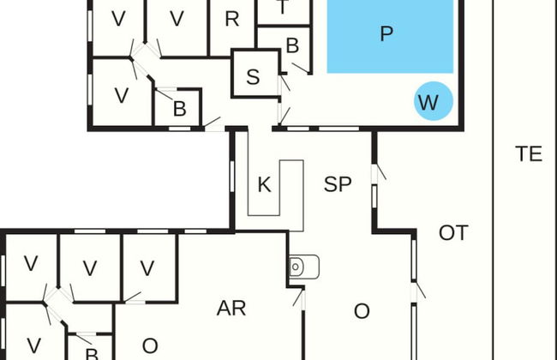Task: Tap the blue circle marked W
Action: tap(428, 102)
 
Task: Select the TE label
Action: tap(529, 154)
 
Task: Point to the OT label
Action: tap(452, 232)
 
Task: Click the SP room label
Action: tap(338, 184)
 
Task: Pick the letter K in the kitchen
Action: tap(264, 184)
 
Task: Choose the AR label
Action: tap(231, 309)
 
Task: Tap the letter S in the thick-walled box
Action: tap(253, 76)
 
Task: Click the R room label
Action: tap(231, 19)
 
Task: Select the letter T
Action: tap(284, 7)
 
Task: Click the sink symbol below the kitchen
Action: tap(304, 267)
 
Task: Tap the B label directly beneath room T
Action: tap(292, 45)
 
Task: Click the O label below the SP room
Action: tap(362, 311)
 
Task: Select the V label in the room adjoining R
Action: tap(177, 19)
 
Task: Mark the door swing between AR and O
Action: tap(299, 298)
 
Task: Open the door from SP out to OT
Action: tap(377, 174)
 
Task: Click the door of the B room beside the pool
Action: tap(299, 67)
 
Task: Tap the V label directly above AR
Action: tap(147, 267)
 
